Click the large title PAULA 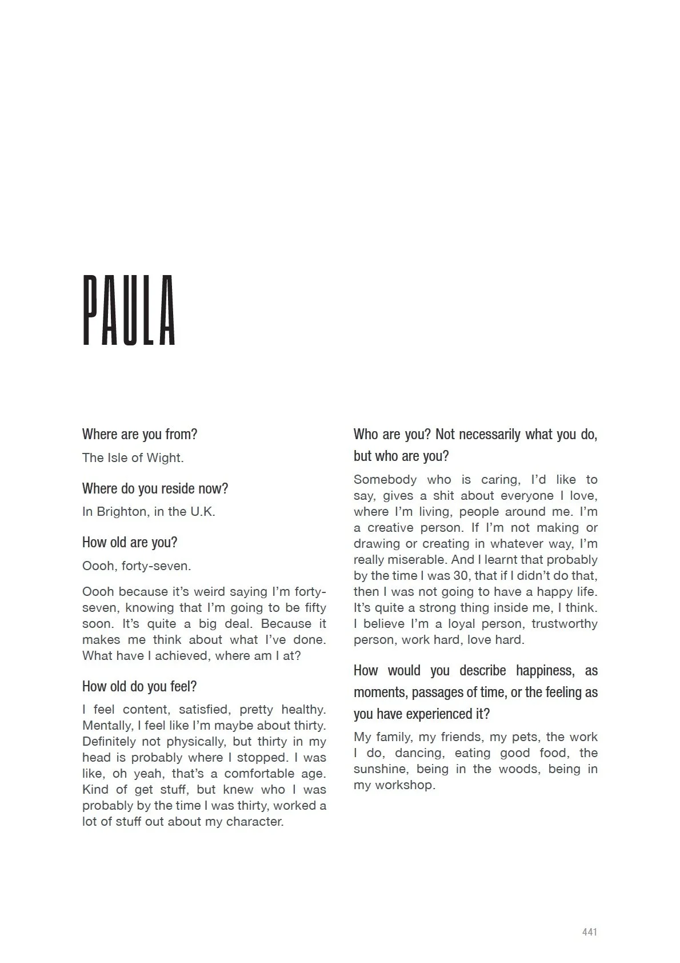129,311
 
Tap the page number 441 589,932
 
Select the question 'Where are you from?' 139,434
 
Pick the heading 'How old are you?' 130,542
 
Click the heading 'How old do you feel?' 139,686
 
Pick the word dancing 418,753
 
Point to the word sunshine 380,769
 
